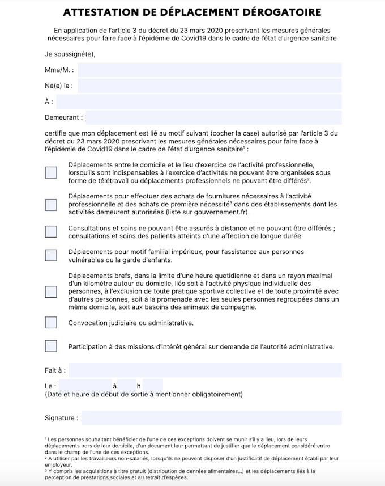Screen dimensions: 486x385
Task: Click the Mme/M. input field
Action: coord(209,70)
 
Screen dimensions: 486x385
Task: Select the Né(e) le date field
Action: coord(209,86)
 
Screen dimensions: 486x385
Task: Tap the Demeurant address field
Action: coord(213,118)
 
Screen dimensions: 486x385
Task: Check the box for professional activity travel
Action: coord(51,172)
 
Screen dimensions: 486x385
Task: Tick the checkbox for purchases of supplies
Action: coord(51,204)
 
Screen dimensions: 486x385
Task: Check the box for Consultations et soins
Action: coord(51,231)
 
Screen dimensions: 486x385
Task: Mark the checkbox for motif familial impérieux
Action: coord(51,255)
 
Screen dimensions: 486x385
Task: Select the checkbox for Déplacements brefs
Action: coord(51,291)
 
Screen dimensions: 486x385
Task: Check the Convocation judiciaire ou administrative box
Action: coord(51,323)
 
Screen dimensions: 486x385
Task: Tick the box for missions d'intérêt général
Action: coord(51,346)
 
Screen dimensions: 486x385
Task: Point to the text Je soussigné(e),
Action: coord(70,54)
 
